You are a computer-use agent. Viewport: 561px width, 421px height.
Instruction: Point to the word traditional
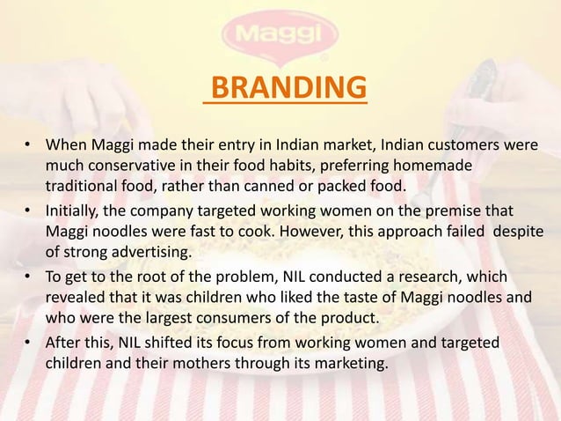(x=85, y=186)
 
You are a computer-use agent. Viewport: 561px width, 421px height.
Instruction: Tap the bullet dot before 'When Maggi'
(x=29, y=146)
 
